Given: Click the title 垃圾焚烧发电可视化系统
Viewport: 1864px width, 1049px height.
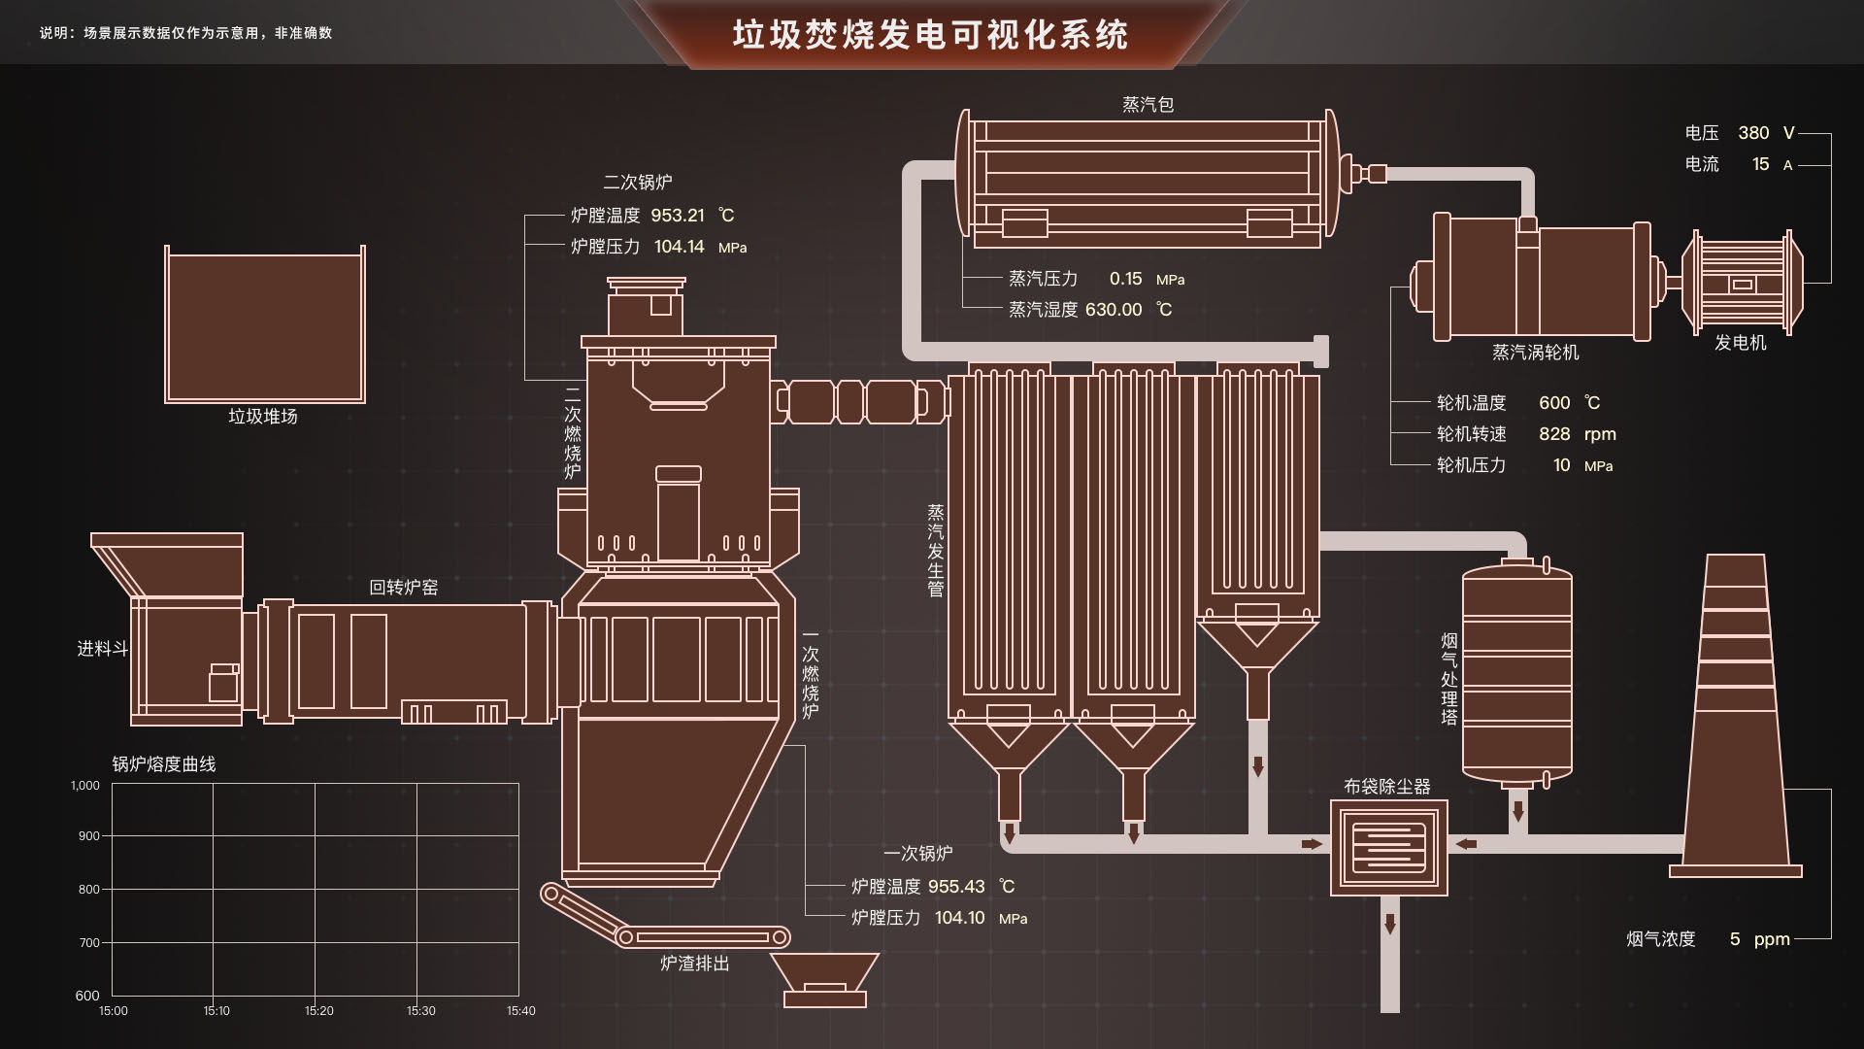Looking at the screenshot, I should click(930, 35).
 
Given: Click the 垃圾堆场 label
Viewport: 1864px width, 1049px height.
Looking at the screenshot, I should click(262, 417).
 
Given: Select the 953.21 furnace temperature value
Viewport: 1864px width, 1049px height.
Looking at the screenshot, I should click(677, 216).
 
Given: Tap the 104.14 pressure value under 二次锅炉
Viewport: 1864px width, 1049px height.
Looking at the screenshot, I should click(679, 247).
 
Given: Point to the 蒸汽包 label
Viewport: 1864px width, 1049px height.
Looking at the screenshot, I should click(1148, 105).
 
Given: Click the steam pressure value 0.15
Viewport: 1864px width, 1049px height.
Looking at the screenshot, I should click(1125, 279).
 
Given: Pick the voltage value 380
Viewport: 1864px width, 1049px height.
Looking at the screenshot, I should click(1753, 133).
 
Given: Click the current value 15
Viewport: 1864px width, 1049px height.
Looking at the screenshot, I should click(1760, 164).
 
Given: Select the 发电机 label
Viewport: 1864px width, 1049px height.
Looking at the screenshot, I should click(1740, 343).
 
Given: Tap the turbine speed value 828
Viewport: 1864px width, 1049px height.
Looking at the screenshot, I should click(1553, 434).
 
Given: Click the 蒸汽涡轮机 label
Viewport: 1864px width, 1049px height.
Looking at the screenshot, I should click(1535, 353).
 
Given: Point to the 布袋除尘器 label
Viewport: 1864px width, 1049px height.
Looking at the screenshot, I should click(1386, 787).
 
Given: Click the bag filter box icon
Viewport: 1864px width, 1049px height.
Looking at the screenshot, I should click(1388, 847).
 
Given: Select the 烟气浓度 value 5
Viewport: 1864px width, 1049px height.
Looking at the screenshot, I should click(1734, 939).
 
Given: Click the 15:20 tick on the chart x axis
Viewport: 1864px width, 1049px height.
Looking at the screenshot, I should click(318, 1011).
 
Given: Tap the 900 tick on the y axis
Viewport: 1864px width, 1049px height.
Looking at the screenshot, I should click(88, 836).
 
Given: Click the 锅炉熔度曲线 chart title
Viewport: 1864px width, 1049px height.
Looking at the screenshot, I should click(163, 764).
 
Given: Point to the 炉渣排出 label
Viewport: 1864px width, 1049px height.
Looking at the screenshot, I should click(694, 964).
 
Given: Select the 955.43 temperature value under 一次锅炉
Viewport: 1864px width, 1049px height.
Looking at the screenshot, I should click(955, 887).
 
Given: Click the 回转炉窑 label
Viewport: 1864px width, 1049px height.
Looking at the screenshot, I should click(403, 588).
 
